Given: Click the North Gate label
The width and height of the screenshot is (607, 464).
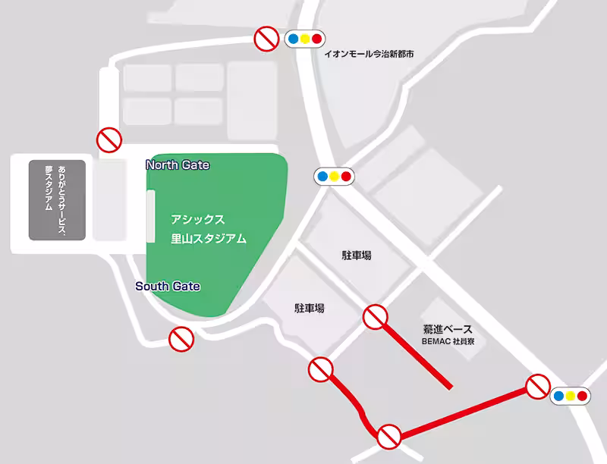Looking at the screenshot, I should click(178, 165).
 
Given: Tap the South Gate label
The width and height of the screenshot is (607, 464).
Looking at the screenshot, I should click(168, 286).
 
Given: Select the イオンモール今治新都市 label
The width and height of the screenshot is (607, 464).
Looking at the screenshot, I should click(369, 55).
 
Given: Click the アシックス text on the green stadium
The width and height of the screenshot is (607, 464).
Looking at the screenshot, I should click(197, 219).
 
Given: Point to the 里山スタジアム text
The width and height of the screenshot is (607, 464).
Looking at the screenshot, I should click(208, 238).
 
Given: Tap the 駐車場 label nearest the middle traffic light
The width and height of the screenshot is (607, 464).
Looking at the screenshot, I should click(357, 256).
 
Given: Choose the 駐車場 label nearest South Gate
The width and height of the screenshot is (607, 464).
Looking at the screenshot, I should click(310, 309).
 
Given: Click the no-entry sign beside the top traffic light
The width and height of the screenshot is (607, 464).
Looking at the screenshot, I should click(266, 38).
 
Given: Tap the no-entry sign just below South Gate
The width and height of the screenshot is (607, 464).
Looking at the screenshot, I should click(181, 338).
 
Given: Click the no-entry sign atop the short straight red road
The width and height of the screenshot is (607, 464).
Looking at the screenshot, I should click(376, 316).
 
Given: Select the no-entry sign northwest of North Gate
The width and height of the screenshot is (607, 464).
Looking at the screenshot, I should click(109, 140).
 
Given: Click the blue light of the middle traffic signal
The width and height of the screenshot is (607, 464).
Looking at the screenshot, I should click(322, 177).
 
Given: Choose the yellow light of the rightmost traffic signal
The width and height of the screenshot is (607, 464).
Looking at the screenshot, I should click(571, 395).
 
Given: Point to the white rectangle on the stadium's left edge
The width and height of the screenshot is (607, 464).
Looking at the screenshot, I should click(150, 216).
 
